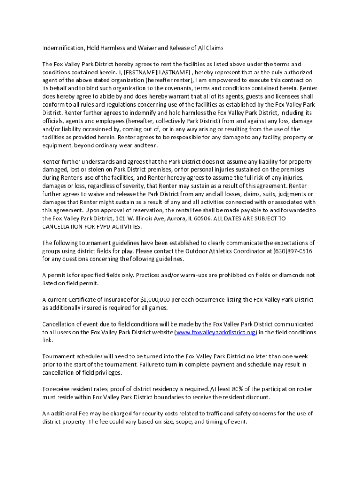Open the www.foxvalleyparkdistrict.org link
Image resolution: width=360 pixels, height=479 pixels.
click(x=216, y=332)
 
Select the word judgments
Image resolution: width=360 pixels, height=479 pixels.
click(x=284, y=194)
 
